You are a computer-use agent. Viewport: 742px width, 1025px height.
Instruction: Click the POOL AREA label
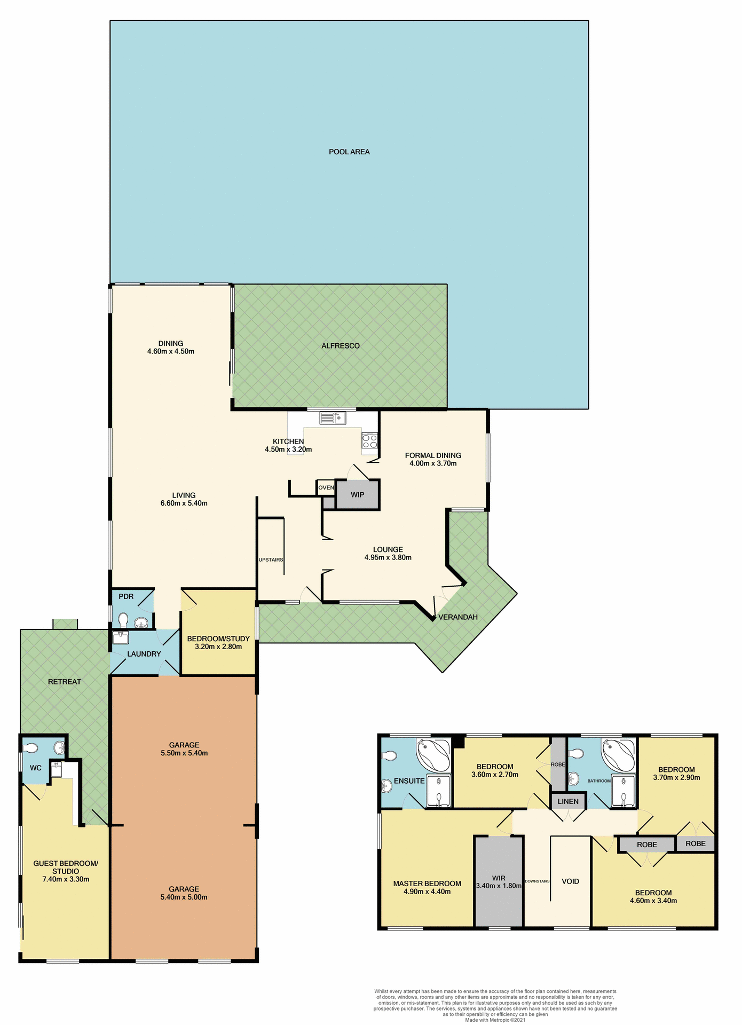349,152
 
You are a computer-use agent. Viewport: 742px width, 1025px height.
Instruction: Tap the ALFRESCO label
341,346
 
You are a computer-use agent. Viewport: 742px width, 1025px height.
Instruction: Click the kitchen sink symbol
333,418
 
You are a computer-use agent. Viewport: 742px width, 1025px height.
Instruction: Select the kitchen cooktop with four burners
369,441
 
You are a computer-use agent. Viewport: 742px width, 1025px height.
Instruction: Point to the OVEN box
326,487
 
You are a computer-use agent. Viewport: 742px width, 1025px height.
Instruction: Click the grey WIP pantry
358,495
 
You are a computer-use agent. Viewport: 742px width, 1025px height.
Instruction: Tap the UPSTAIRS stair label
271,560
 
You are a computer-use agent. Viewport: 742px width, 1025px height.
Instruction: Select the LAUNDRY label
144,654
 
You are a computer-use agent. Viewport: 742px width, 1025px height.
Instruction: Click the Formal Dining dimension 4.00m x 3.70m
433,463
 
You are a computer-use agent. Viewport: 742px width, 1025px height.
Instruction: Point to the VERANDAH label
458,617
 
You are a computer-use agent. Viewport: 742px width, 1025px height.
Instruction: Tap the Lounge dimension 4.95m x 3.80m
388,557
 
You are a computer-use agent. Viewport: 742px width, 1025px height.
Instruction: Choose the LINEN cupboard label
568,801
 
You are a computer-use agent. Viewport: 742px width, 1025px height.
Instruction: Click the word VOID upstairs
570,881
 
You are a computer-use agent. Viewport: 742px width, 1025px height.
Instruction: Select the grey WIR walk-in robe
499,882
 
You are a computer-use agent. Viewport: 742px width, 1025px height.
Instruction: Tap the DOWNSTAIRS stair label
537,881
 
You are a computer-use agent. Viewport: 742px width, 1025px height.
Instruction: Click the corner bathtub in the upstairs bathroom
619,754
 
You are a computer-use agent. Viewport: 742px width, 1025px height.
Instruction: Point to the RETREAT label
65,682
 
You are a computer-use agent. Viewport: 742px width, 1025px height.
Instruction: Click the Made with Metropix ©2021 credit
495,1020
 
